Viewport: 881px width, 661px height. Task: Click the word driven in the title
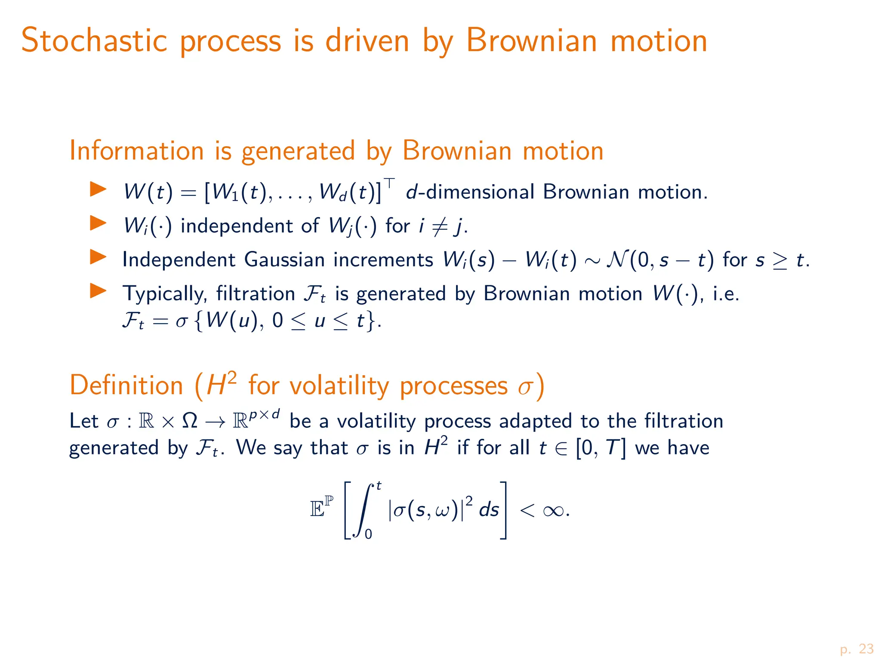coord(367,40)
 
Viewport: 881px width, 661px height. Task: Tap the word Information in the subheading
coord(136,151)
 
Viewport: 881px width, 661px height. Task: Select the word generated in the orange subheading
coord(298,152)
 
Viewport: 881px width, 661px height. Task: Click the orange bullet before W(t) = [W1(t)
coord(98,189)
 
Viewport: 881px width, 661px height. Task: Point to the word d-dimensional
coord(470,192)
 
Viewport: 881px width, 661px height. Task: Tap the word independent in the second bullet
coord(235,226)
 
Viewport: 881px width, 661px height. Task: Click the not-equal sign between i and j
coord(439,226)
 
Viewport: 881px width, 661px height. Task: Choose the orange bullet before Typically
coord(98,291)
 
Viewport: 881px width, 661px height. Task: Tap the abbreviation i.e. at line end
coord(726,294)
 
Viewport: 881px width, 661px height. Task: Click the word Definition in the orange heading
coord(126,385)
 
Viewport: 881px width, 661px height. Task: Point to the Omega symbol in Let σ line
coord(190,421)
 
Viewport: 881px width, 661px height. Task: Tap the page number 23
coord(866,649)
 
